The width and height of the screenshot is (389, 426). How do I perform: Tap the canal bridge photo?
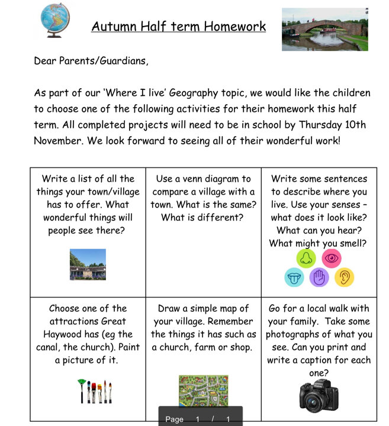point(324,30)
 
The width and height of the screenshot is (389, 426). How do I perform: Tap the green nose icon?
point(307,258)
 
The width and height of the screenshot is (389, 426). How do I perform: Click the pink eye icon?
point(332,258)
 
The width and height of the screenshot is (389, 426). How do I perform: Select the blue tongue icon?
point(294,277)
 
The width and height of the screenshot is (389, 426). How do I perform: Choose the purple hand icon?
point(319,277)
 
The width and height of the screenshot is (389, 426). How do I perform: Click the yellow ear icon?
point(344,277)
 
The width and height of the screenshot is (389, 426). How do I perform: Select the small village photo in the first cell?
point(88,264)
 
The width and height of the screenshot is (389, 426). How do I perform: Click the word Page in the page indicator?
point(174,419)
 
